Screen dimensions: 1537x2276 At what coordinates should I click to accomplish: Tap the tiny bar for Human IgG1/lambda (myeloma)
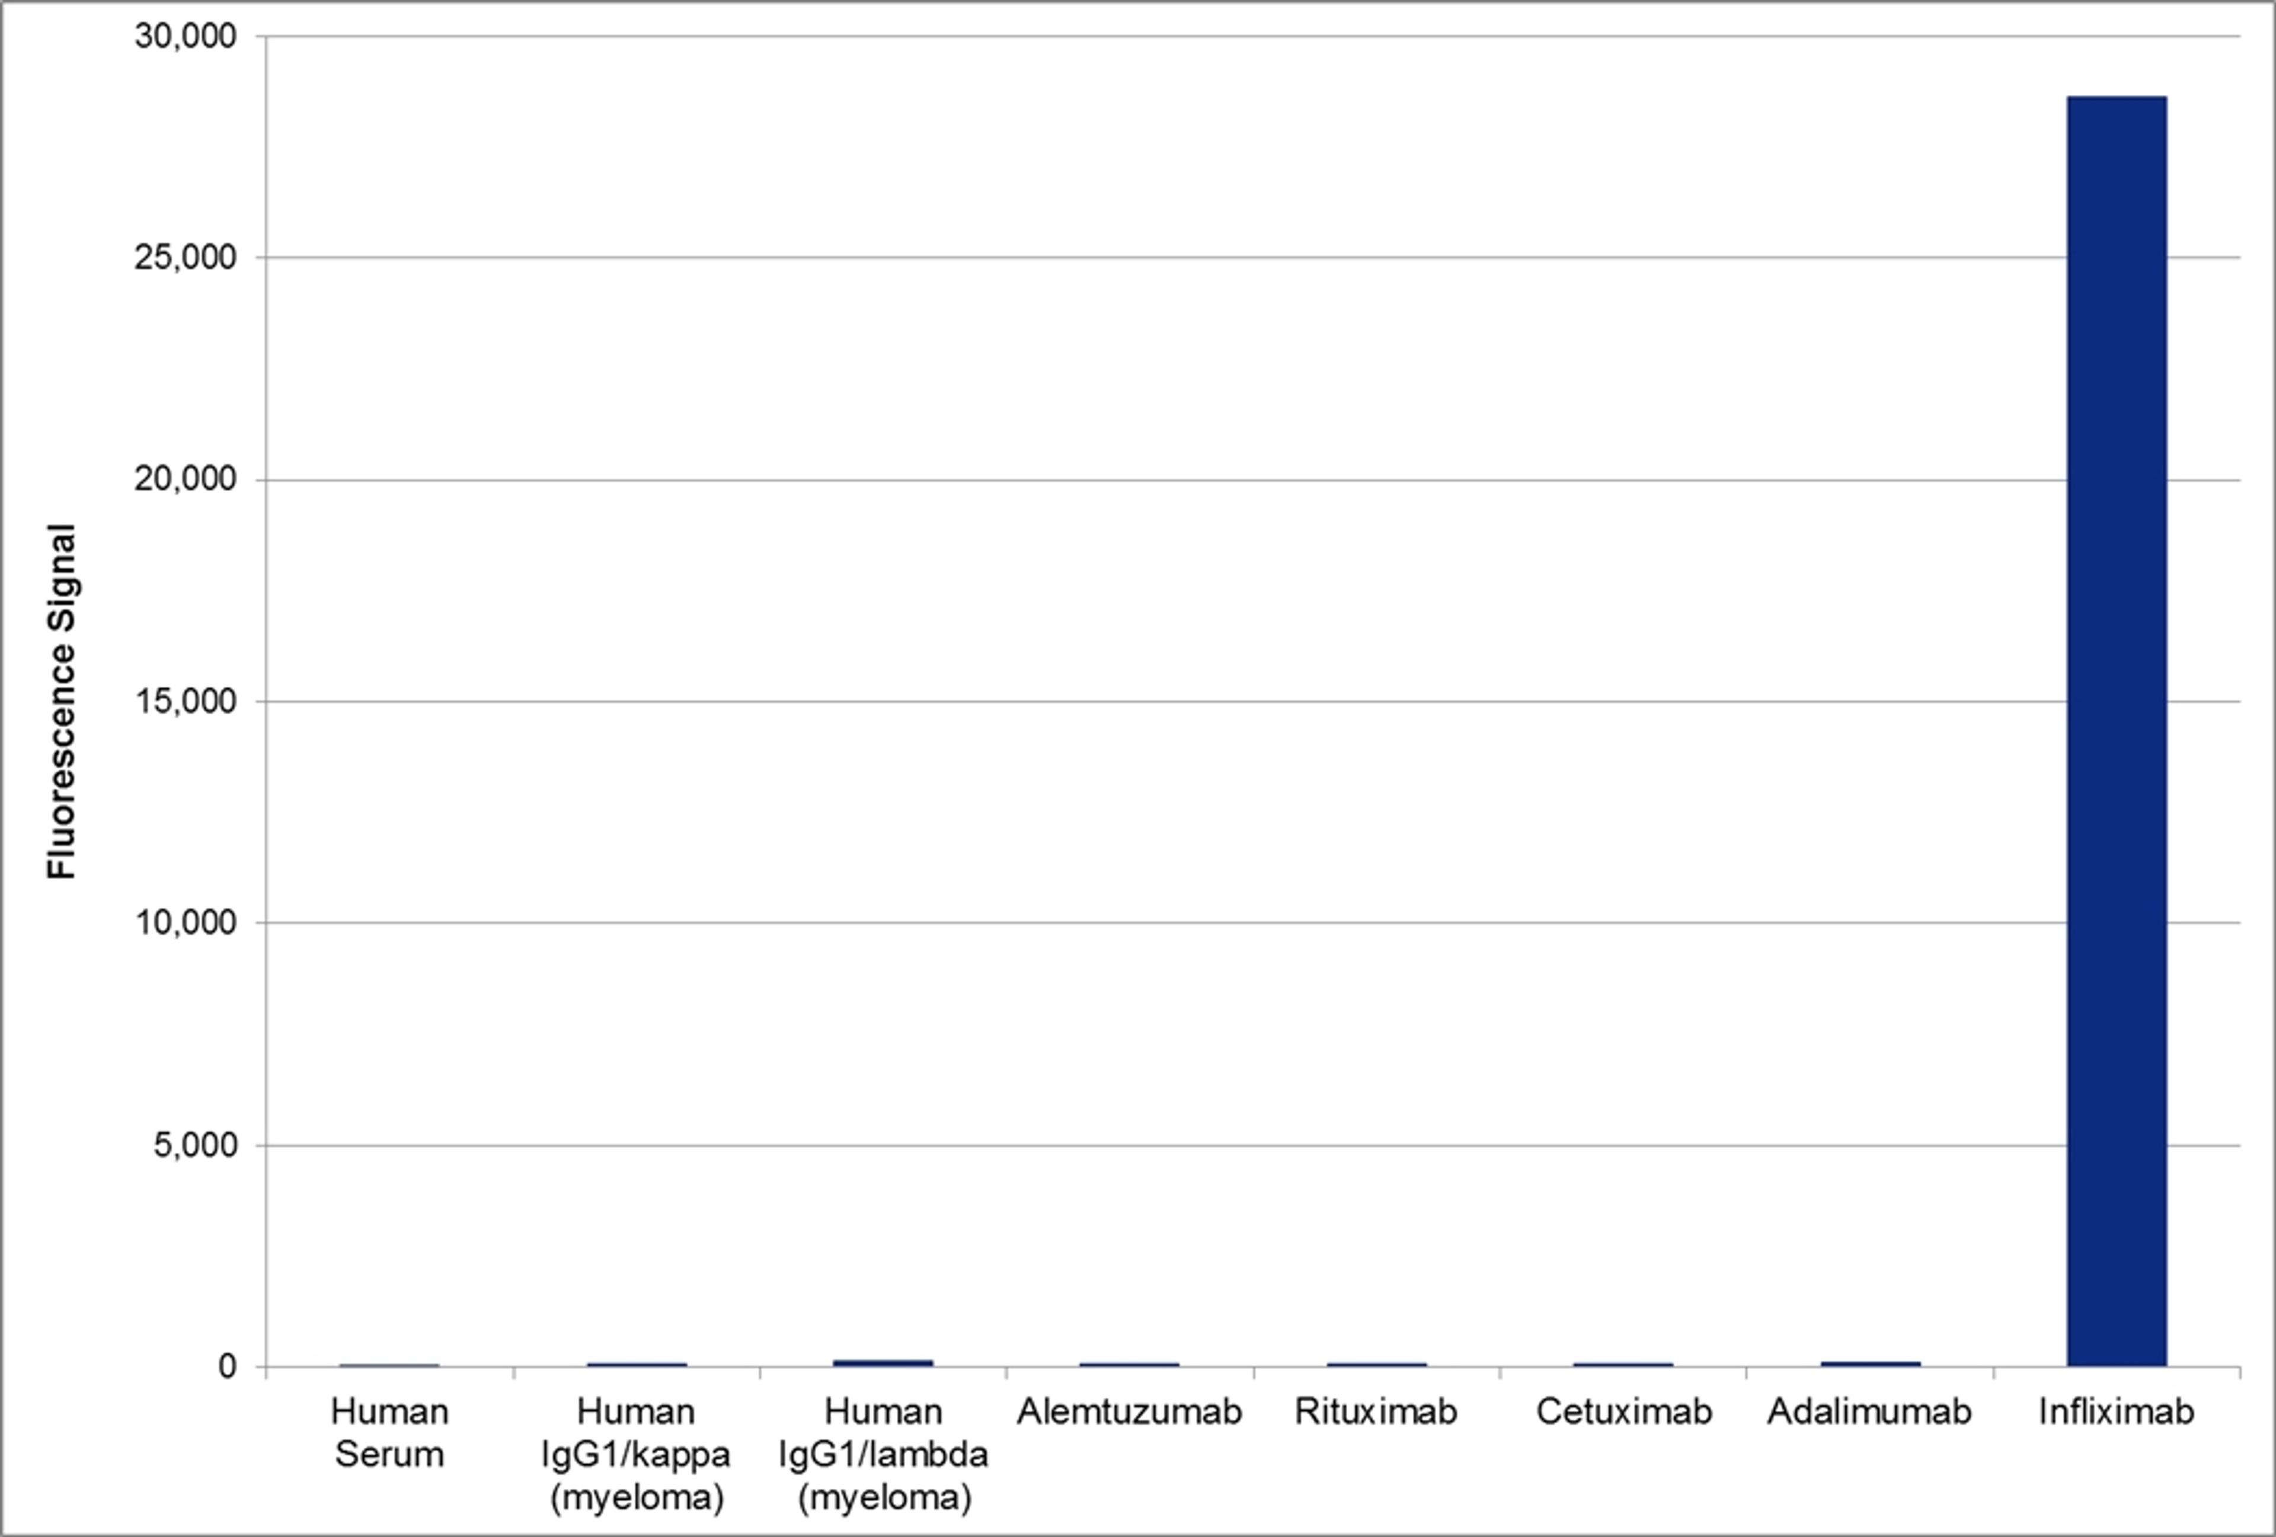883,1363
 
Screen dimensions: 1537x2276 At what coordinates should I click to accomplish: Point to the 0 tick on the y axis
227,1366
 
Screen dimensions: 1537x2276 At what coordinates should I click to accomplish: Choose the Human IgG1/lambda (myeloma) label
883,1455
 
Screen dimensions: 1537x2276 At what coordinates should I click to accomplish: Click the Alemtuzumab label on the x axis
1129,1411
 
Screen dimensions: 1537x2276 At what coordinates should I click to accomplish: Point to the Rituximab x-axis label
1376,1411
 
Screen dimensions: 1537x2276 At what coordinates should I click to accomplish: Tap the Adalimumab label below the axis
1869,1411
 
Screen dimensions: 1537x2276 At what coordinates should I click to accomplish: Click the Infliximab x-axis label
2117,1411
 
